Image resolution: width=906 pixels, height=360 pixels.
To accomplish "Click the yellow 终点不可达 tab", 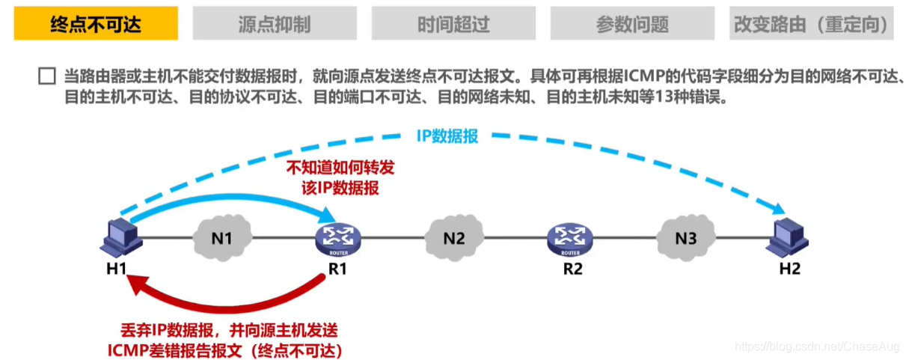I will coord(96,24).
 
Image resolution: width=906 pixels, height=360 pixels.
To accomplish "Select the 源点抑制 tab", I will coord(275,24).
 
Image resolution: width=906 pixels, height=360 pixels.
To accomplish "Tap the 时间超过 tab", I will coord(453,24).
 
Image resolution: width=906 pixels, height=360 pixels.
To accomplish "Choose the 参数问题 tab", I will coord(632,24).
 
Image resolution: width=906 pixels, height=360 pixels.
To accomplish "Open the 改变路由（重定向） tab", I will coord(811,24).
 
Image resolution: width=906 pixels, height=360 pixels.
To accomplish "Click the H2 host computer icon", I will coord(789,237).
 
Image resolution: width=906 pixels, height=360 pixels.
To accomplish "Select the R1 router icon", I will coord(338,237).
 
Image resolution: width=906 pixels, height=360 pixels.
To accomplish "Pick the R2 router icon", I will coord(572,237).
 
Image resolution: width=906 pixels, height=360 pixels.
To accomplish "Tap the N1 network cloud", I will coord(221,238).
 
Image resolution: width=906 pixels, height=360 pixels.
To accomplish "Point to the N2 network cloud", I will coord(454,238).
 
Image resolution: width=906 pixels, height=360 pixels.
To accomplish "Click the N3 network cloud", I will coord(686,238).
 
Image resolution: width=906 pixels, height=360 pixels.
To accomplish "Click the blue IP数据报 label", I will coord(447,137).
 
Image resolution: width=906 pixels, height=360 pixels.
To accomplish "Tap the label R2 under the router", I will coord(572,268).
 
